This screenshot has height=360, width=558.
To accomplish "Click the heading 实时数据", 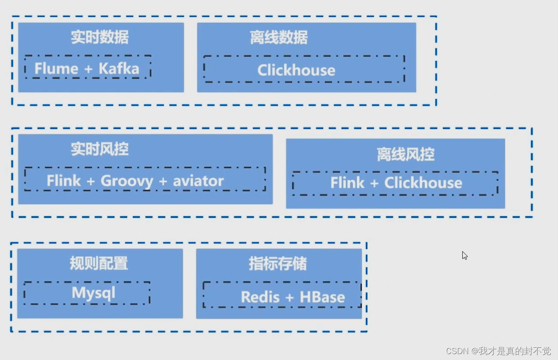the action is [99, 37].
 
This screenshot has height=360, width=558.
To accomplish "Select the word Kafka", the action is [119, 69].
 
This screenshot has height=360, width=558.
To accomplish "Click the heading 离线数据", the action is [279, 37].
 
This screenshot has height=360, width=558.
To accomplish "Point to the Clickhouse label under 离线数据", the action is [296, 70].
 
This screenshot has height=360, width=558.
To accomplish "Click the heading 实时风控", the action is [99, 149].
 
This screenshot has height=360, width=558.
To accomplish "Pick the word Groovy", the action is [127, 181].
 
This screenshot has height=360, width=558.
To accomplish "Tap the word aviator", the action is [198, 181].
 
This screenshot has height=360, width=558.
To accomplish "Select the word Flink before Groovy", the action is [64, 181].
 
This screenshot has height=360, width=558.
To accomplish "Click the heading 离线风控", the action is [406, 155].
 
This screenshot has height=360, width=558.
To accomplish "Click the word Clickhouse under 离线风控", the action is [423, 183].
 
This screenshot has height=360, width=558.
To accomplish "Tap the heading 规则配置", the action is [98, 263].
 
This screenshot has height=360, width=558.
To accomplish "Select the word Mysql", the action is [93, 293].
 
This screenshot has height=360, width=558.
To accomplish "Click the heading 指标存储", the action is [278, 263].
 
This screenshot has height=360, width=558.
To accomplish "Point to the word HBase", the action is [322, 297].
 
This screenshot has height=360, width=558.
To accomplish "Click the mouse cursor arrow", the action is [465, 255].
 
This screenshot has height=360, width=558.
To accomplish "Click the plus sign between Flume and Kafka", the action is [88, 69].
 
